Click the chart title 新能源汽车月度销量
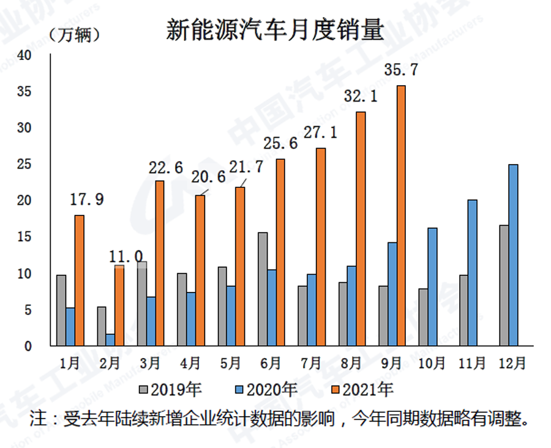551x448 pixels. point(275,31)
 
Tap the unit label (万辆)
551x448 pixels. point(73,35)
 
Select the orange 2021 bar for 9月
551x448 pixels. point(401,215)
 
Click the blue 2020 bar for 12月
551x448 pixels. point(512,255)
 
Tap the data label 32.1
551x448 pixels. point(361,97)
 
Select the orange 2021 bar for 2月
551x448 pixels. point(119,305)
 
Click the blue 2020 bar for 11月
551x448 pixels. point(472,272)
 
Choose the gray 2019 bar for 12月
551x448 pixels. point(503,285)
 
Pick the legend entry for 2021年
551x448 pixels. point(365,389)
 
